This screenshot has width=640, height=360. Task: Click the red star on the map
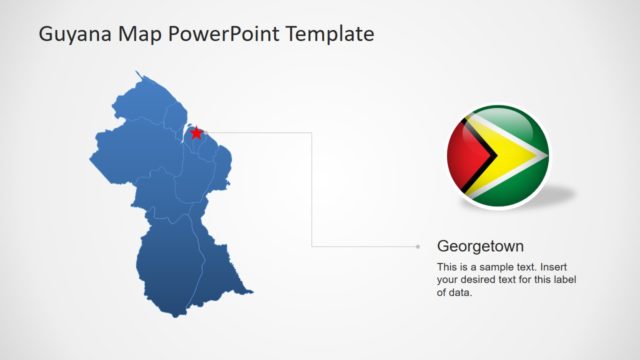coord(197,132)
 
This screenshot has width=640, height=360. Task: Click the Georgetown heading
coord(480,245)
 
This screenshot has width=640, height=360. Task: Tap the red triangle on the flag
coord(465,156)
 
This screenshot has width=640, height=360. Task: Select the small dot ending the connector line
coord(418,245)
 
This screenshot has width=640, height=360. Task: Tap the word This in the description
coord(447,268)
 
